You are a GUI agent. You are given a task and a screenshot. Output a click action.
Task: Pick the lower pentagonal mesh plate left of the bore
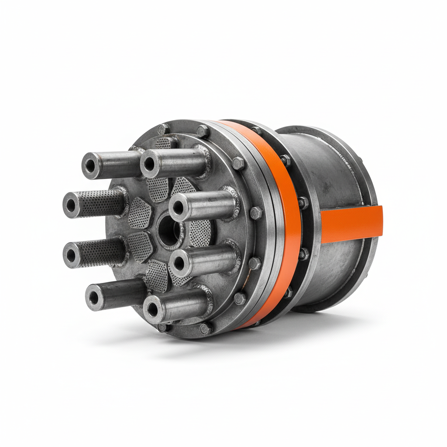tap(141, 247)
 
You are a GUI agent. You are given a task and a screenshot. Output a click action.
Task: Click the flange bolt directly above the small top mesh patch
tap(163, 129)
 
